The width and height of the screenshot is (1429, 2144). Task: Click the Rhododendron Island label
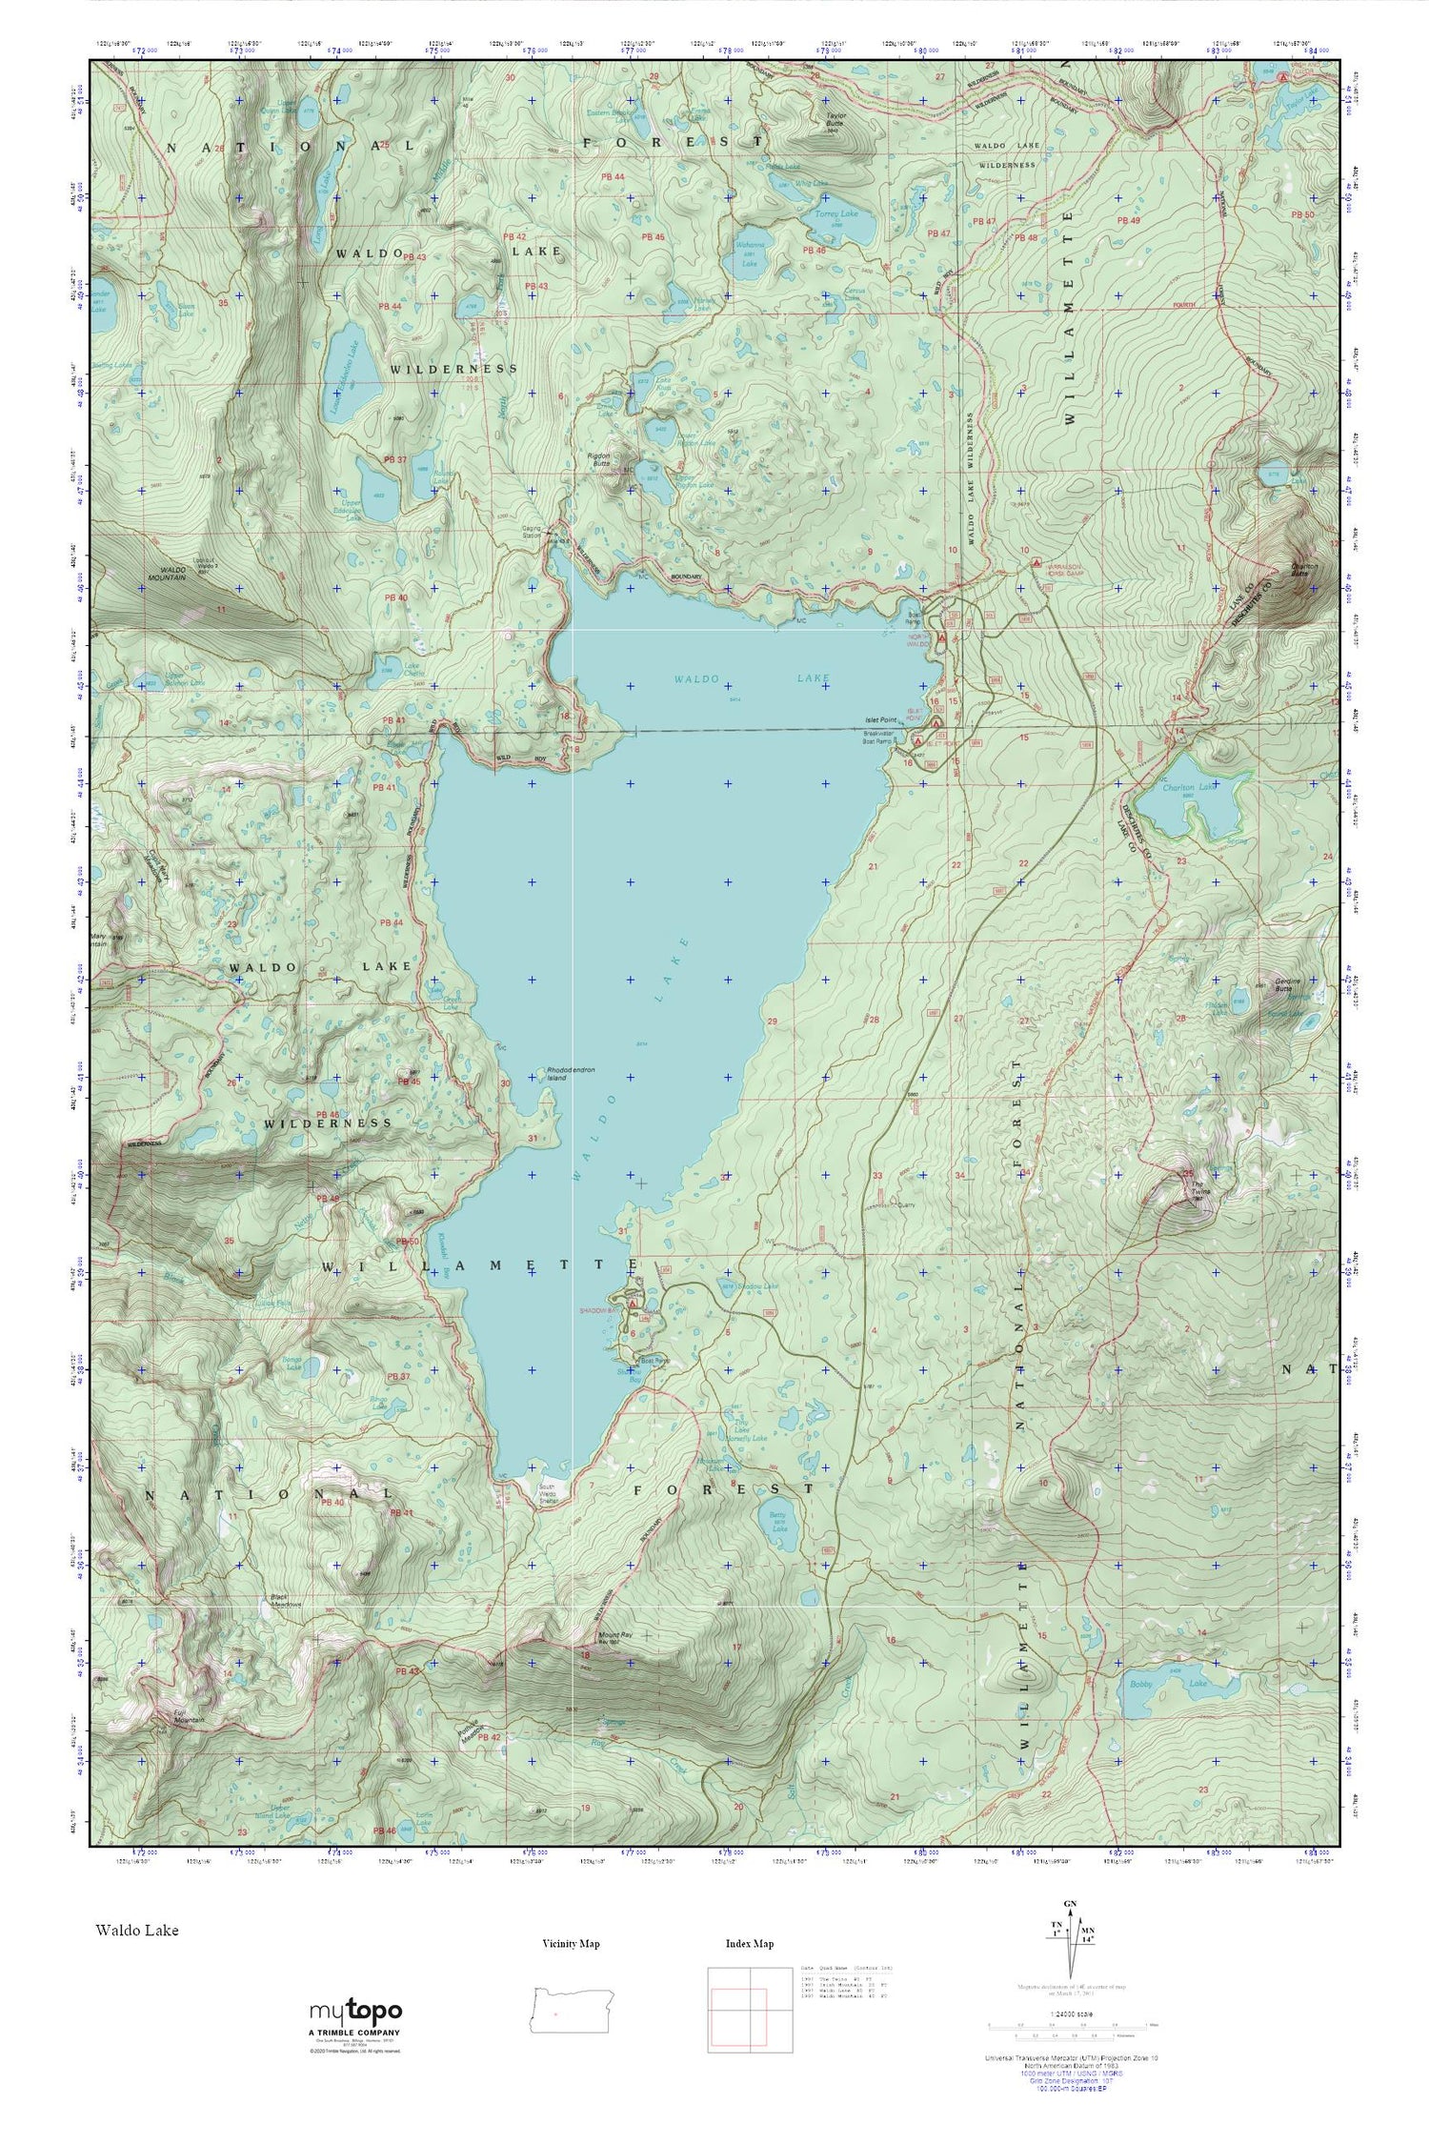(571, 1074)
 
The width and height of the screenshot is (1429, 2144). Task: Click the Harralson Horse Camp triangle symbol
(1036, 562)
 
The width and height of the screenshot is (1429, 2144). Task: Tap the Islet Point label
(881, 719)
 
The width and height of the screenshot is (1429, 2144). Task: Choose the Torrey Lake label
(837, 214)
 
